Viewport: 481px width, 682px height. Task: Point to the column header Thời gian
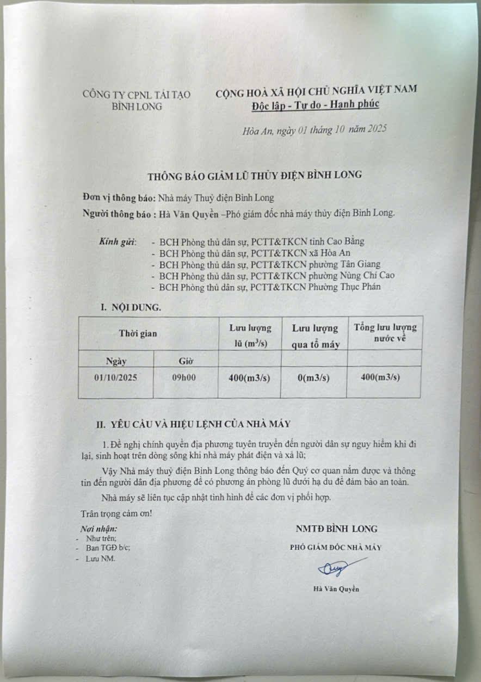click(x=138, y=333)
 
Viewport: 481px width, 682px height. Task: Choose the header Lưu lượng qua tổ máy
click(x=314, y=336)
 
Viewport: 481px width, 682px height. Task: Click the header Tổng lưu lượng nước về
click(x=385, y=332)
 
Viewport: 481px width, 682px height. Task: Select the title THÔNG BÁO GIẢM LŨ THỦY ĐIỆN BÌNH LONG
click(x=255, y=175)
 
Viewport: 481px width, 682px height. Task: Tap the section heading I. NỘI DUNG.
click(x=131, y=307)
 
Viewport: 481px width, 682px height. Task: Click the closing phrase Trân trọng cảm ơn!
click(x=116, y=513)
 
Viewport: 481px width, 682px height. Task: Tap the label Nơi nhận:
click(x=98, y=528)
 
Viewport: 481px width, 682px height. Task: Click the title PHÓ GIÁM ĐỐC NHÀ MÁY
click(x=336, y=548)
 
